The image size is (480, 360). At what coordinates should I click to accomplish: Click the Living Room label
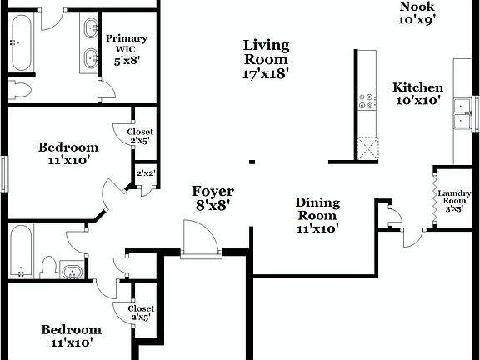pyautogui.click(x=266, y=59)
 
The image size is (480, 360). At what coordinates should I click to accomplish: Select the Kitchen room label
pyautogui.click(x=417, y=93)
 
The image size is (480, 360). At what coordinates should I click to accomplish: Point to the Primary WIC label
pyautogui.click(x=127, y=48)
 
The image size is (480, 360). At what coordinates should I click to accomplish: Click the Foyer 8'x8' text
pyautogui.click(x=212, y=197)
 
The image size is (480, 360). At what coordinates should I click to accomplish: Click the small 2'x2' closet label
pyautogui.click(x=146, y=174)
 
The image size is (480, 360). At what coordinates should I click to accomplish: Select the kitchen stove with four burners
pyautogui.click(x=366, y=102)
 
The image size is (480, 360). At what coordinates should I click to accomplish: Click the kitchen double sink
pyautogui.click(x=461, y=114)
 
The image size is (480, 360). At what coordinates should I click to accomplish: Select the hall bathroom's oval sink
pyautogui.click(x=72, y=272)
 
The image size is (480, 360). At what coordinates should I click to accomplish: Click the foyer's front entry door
pyautogui.click(x=200, y=237)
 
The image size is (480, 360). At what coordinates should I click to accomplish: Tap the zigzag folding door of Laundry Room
pyautogui.click(x=434, y=197)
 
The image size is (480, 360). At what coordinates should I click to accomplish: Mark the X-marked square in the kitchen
pyautogui.click(x=366, y=148)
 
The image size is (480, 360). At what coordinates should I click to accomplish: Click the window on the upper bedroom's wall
pyautogui.click(x=3, y=172)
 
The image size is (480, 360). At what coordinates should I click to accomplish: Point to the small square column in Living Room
pyautogui.click(x=252, y=162)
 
